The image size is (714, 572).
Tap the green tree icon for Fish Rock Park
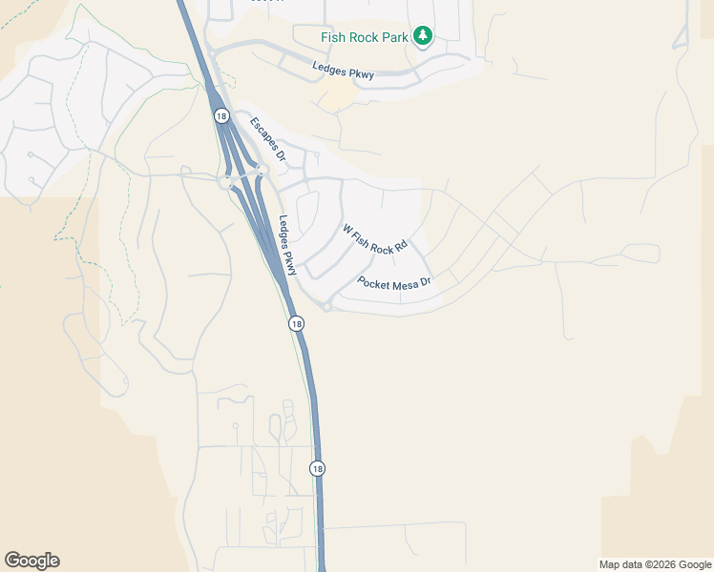click(x=423, y=36)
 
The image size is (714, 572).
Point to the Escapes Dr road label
click(x=268, y=137)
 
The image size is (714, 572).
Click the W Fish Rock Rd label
click(x=375, y=239)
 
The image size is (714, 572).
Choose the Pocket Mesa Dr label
click(x=394, y=283)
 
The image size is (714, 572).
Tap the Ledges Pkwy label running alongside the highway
click(x=289, y=244)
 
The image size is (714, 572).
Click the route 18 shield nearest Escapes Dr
click(x=221, y=115)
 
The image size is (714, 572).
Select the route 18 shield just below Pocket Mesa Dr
click(x=297, y=324)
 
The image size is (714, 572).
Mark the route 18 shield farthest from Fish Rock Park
click(x=317, y=468)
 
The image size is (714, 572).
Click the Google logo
click(x=31, y=561)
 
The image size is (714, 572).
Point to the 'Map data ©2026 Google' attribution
click(x=655, y=564)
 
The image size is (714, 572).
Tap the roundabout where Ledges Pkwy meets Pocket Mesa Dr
click(x=326, y=306)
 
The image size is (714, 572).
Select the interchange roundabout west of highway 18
click(x=227, y=182)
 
